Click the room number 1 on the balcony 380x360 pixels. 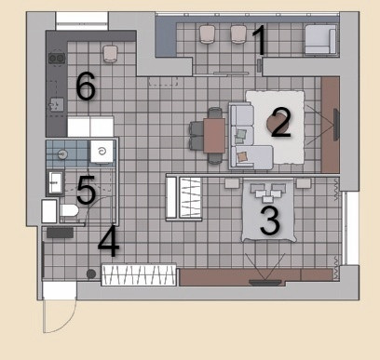260,40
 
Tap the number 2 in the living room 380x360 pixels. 281,122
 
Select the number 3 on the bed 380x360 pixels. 270,220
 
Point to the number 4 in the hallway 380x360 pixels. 109,242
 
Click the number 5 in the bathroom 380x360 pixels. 86,190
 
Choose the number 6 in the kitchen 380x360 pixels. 86,86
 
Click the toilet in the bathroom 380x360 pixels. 69,211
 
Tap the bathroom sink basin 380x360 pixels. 56,182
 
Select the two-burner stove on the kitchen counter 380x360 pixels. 57,58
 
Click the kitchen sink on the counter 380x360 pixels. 57,104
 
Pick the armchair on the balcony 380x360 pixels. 320,39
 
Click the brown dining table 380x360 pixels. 214,136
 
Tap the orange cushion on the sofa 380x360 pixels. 242,156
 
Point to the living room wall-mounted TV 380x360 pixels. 336,125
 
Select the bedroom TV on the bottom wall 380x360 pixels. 265,283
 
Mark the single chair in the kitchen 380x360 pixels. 110,53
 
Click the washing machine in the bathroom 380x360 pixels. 102,152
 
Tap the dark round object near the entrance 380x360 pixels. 91,273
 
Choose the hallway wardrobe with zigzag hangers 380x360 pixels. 139,274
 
